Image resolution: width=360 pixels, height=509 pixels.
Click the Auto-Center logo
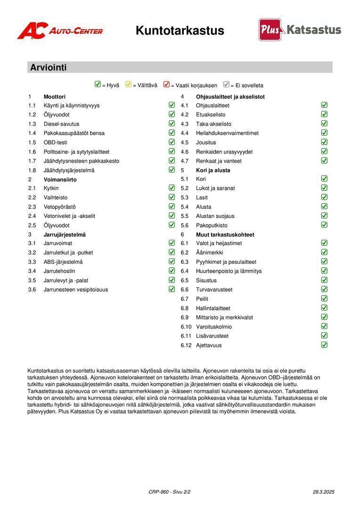[x=60, y=31]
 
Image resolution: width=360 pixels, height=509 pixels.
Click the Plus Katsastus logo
[x=300, y=30]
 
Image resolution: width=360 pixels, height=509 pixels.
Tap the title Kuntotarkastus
[x=180, y=31]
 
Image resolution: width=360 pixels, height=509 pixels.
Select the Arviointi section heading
[x=48, y=67]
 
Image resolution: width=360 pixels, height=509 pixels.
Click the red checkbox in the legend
[x=166, y=85]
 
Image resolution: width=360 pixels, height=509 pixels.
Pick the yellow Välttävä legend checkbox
[x=128, y=85]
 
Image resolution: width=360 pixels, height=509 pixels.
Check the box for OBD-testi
[x=172, y=142]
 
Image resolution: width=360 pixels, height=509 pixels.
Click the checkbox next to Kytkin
[x=172, y=188]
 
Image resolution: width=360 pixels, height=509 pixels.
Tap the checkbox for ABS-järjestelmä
[x=172, y=262]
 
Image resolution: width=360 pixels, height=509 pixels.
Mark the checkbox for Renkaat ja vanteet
[x=324, y=160]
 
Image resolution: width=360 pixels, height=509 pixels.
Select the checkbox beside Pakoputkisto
[x=324, y=225]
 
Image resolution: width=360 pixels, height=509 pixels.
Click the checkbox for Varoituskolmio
[x=324, y=326]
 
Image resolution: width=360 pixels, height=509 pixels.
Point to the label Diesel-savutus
[x=61, y=124]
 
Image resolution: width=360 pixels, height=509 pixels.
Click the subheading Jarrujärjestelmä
[x=65, y=234]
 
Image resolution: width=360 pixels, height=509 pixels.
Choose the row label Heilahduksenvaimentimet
[x=227, y=133]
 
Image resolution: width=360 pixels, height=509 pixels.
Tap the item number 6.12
[x=186, y=345]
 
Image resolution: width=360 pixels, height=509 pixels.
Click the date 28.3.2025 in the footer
[x=323, y=492]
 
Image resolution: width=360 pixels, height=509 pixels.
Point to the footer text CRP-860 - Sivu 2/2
[x=169, y=492]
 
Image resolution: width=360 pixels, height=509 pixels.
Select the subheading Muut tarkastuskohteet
[x=225, y=234]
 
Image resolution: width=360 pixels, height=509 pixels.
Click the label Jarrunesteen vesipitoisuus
[x=75, y=290]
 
